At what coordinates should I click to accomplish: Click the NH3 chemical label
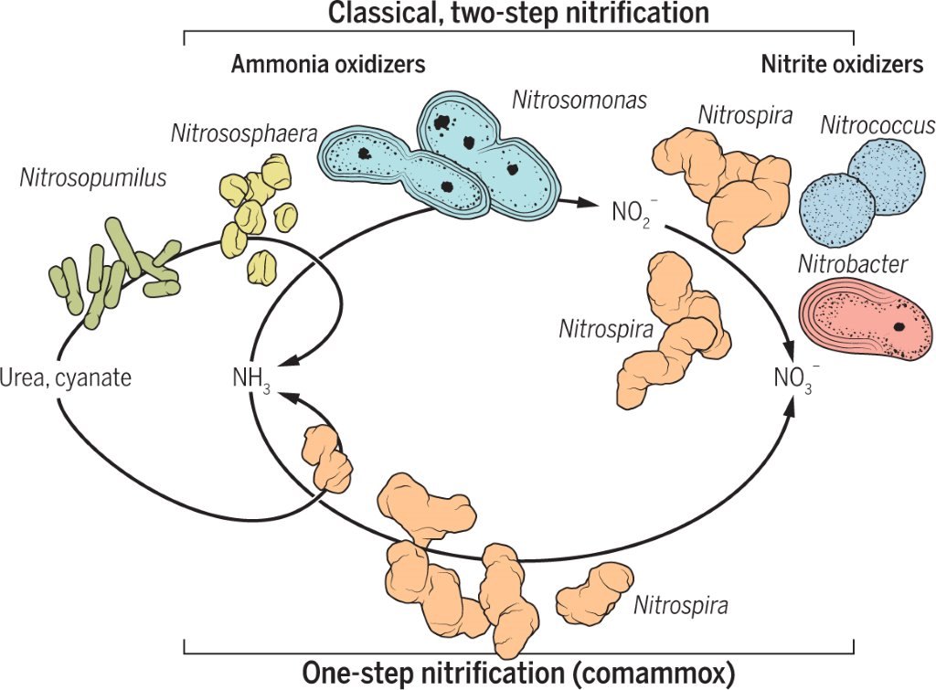coord(252,379)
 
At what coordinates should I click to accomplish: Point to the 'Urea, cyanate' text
coord(66,378)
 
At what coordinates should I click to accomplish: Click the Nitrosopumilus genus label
coord(93,178)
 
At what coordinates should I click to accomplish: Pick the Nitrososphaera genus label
coord(244,133)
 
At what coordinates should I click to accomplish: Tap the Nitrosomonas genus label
coord(580,100)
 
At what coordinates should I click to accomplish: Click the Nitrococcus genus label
coord(877,125)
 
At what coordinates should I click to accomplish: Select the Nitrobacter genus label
coord(853,264)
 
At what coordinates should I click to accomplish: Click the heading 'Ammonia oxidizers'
coord(328,64)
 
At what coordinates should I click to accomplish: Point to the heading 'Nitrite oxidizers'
coord(842,64)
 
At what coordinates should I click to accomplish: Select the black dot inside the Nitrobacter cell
coord(899,326)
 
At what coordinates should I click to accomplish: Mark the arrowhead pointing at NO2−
coord(588,204)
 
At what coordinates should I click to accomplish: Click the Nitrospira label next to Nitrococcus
coord(745,115)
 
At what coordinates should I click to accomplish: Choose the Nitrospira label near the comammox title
coord(680,605)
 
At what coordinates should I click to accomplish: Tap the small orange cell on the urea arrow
coord(326,456)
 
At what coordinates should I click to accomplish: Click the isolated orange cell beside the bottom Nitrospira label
coord(594,593)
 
